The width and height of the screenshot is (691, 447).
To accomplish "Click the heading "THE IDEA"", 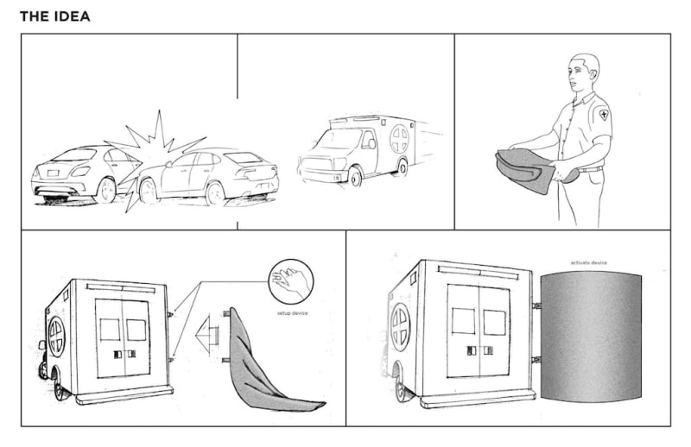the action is pos(54,16).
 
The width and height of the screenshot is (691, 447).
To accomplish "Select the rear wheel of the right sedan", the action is pos(215,192).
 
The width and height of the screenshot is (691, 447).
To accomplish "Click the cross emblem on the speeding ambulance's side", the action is pos(399,138).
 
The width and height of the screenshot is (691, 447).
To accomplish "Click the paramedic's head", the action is pos(585,73).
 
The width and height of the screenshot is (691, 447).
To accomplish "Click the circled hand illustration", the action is pos(290,281).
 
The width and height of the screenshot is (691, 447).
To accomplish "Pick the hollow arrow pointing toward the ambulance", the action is pos(208,332).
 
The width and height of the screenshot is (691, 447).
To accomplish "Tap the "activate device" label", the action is pos(588,262).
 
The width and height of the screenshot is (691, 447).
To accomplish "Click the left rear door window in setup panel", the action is pos(110,330).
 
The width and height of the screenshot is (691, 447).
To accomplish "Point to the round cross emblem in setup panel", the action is pos(56,337).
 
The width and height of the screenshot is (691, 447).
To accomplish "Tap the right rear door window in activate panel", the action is pos(494,323).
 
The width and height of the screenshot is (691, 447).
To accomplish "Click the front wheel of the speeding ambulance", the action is pos(355,178).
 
